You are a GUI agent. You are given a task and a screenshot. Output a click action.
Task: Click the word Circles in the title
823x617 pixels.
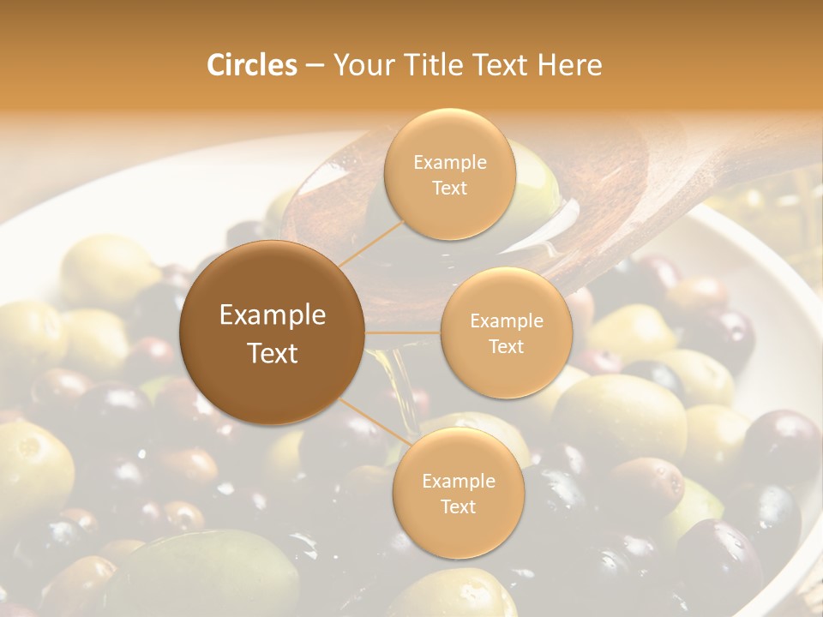click(252, 65)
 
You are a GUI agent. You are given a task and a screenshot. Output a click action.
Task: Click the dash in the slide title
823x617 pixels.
click(315, 66)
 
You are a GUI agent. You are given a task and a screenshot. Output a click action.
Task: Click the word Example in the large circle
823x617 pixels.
click(273, 315)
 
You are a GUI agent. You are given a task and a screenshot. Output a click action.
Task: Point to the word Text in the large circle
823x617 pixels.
click(273, 353)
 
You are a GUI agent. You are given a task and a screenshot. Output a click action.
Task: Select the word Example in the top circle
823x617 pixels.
click(450, 162)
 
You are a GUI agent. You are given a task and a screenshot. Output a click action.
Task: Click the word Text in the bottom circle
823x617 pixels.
click(458, 506)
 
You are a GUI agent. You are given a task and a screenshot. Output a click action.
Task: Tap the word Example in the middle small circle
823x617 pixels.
click(507, 320)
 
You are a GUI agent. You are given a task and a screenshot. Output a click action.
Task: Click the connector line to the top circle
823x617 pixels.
click(370, 241)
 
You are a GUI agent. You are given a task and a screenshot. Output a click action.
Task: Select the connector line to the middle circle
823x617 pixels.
click(403, 332)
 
